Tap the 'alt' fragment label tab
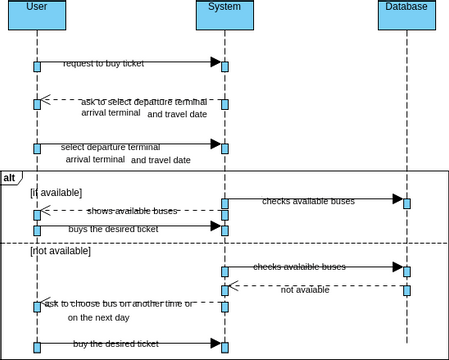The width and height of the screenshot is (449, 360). coord(10,177)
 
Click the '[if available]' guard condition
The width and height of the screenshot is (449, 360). coord(56,192)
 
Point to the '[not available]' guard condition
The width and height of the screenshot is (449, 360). coord(60,251)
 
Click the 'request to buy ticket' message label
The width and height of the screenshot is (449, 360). coord(103,63)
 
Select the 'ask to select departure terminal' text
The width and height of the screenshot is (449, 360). coord(144,101)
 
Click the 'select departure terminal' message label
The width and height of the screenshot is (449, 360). coord(117,147)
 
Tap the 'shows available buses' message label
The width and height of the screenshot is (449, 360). coord(132,211)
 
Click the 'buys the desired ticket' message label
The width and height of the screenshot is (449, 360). coord(113,229)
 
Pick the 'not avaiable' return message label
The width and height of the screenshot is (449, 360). coord(304,290)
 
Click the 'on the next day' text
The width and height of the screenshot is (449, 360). coord(99,317)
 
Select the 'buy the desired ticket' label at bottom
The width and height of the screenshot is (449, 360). coord(116,344)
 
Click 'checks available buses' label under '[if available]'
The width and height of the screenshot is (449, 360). coord(308,201)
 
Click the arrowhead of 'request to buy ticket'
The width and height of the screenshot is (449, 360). coord(215,62)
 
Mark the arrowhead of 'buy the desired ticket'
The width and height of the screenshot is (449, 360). coord(215,343)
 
